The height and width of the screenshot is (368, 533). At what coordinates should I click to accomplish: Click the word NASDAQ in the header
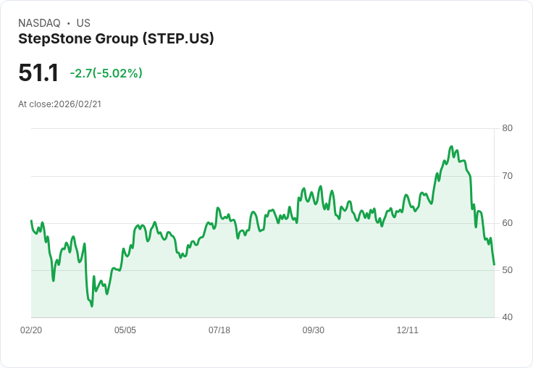(39, 23)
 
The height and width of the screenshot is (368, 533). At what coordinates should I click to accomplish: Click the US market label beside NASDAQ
(83, 23)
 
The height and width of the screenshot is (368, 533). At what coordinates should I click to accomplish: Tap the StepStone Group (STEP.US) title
(116, 39)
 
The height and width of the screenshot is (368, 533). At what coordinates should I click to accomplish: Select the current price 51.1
(38, 72)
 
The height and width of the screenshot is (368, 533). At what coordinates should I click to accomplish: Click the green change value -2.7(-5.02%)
(106, 73)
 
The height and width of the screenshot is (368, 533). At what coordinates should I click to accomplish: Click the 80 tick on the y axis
(507, 128)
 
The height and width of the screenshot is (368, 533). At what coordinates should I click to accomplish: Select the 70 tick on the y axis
(507, 176)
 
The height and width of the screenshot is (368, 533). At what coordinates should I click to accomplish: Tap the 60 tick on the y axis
(507, 223)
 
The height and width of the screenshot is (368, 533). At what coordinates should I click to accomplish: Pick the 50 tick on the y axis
(507, 270)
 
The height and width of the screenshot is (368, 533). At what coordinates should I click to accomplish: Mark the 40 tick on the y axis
(507, 317)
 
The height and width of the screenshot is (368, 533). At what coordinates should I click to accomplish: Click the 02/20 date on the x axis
(31, 330)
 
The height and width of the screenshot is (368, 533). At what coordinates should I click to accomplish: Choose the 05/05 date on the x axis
(125, 330)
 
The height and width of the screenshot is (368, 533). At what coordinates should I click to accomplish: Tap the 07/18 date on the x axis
(219, 330)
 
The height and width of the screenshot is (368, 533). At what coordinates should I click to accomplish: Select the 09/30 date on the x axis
(314, 330)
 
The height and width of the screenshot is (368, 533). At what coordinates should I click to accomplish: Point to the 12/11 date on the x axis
(408, 330)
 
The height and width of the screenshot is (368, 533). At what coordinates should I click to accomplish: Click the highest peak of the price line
(452, 146)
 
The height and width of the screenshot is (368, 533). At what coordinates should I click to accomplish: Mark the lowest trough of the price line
(92, 306)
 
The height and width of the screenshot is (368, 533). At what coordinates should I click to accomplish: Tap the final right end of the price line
(494, 264)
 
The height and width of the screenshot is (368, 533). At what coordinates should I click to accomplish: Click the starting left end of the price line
(31, 220)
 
